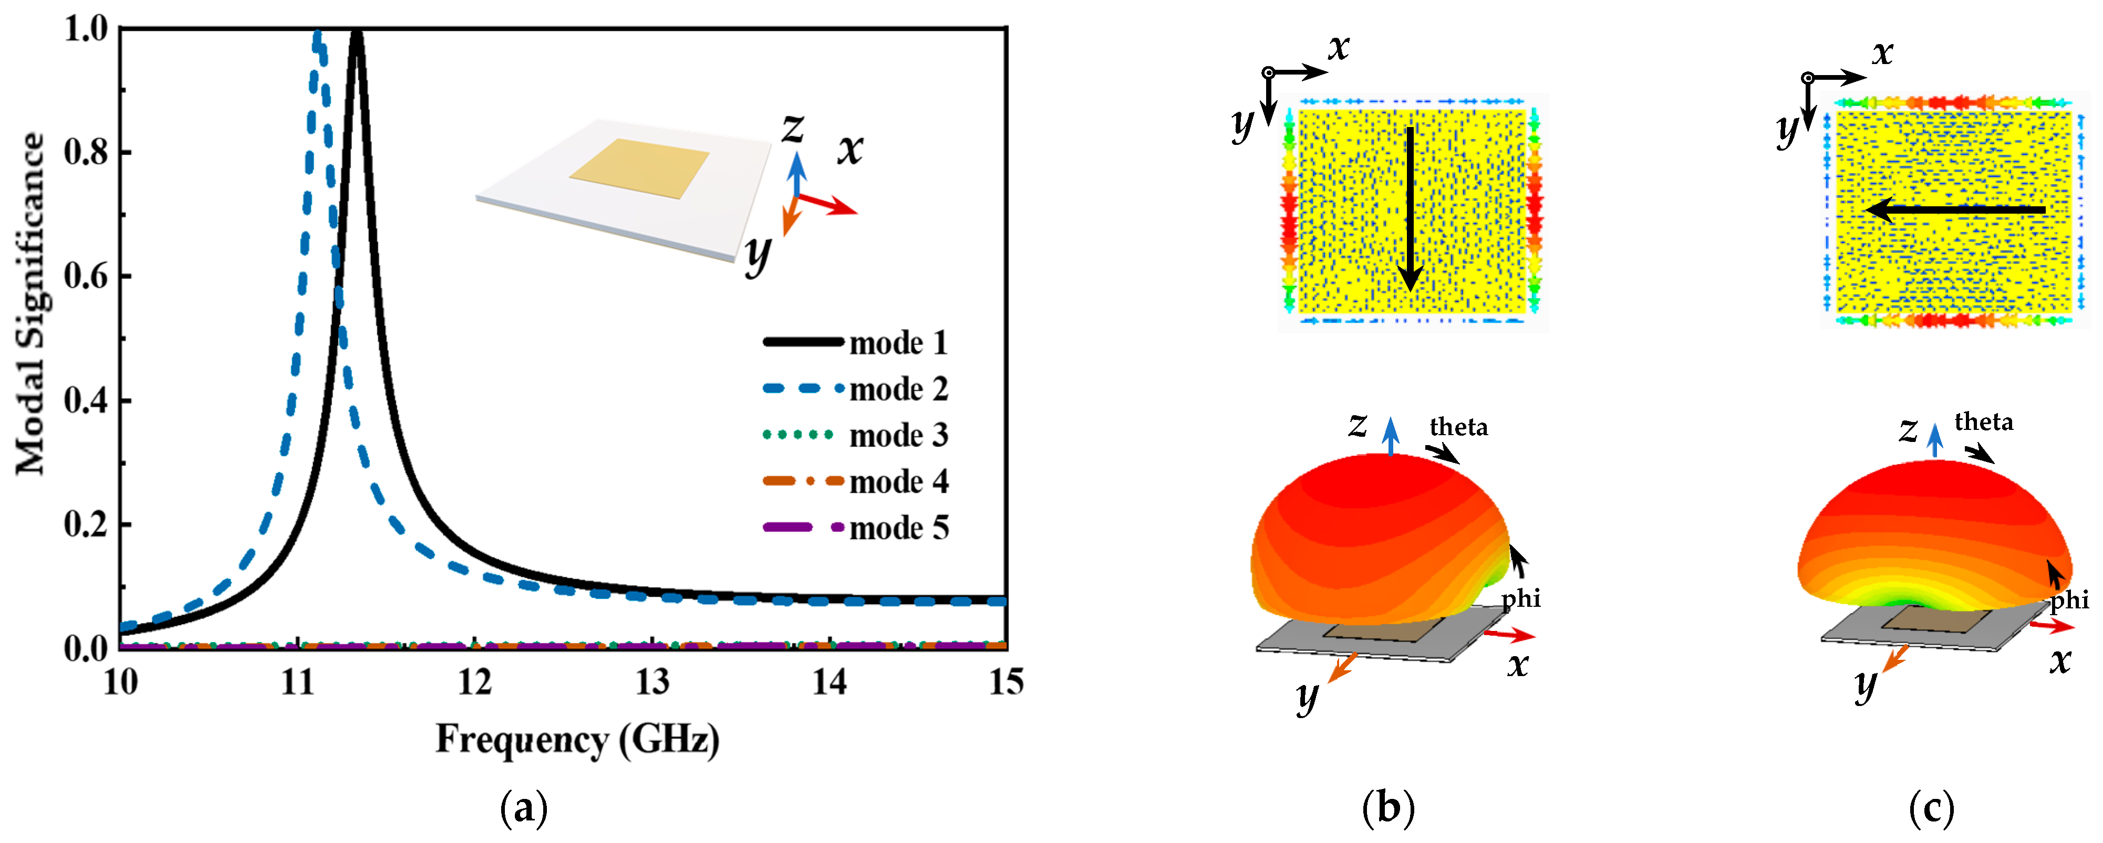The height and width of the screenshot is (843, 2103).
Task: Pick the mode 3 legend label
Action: tap(898, 436)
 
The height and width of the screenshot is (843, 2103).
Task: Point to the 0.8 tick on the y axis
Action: tap(86, 153)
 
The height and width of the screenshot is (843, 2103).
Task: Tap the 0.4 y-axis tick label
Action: tap(86, 401)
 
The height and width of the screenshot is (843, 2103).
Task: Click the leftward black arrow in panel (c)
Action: tap(1955, 210)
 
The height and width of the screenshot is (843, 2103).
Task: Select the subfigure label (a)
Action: tap(523, 808)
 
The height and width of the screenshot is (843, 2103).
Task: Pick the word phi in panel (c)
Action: tap(2069, 600)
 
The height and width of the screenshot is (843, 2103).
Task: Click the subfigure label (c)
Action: tap(1932, 808)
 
